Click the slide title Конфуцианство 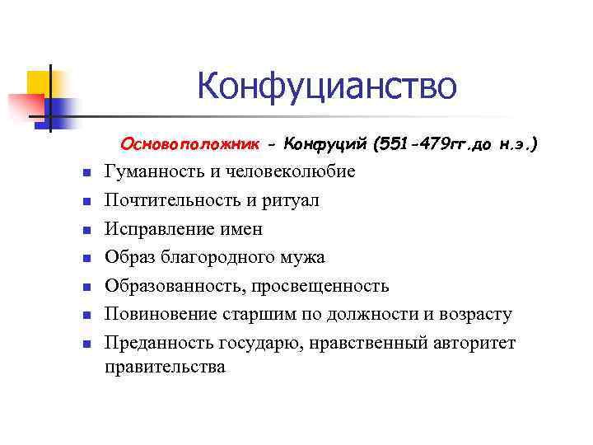(326, 87)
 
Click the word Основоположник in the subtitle (189, 145)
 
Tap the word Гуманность (153, 171)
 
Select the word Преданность (158, 343)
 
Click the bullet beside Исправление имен (85, 230)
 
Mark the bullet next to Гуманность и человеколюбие (85, 172)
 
